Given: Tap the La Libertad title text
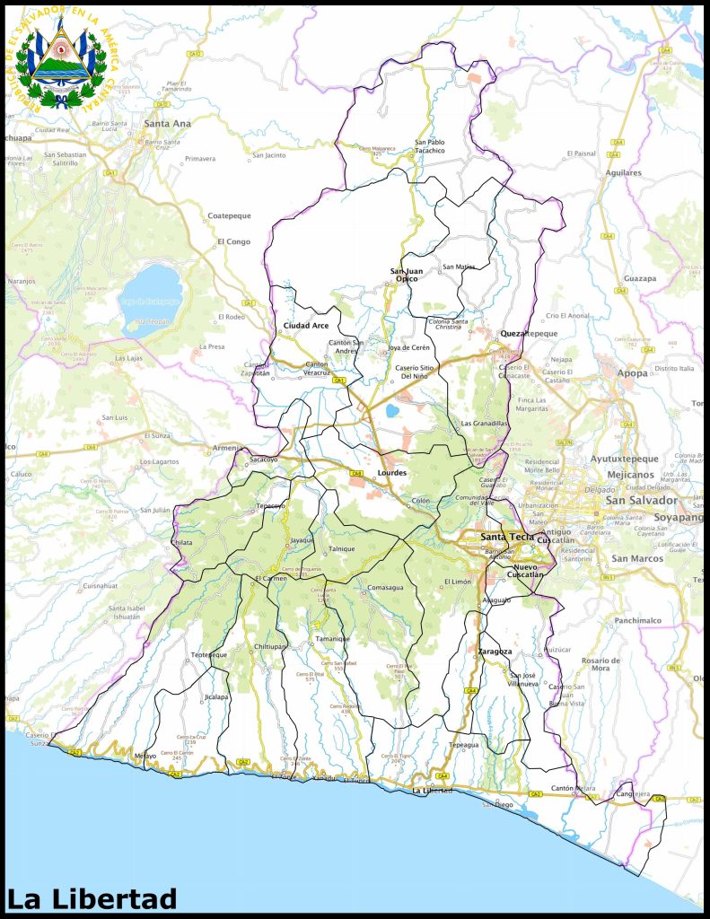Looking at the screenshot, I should click(92, 898).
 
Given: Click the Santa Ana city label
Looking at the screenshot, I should click(167, 123).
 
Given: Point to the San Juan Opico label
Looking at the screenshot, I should click(407, 275).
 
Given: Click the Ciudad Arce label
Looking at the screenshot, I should click(305, 325).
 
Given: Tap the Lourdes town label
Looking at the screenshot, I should click(392, 472).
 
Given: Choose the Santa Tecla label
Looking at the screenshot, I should click(506, 537).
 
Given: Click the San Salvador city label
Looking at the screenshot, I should click(641, 500).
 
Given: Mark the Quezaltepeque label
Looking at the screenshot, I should click(529, 333).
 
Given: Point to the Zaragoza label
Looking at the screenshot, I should click(495, 651).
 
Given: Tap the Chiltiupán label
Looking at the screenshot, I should click(270, 646).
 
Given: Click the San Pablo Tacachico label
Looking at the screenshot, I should click(429, 145).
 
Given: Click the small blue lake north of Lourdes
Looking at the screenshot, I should click(392, 411).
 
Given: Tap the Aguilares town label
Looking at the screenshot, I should click(623, 172).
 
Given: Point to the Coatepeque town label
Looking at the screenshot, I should click(230, 216).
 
